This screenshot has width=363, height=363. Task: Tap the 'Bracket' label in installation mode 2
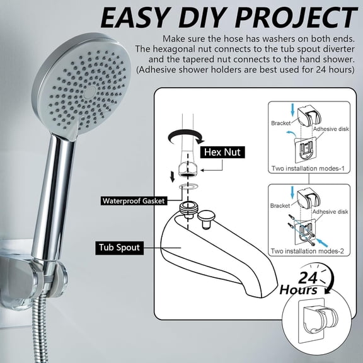click(280, 205)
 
